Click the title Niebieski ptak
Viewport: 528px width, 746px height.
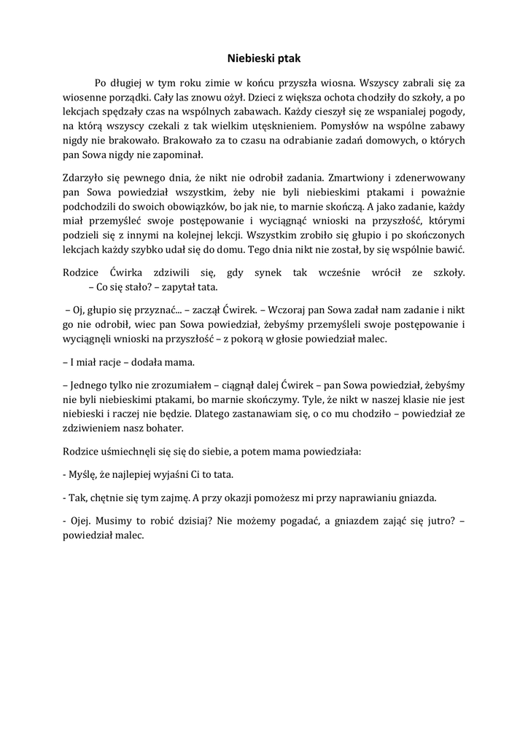[263, 56]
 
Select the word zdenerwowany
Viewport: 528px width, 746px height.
[431, 178]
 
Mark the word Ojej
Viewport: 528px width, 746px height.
[80, 522]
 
